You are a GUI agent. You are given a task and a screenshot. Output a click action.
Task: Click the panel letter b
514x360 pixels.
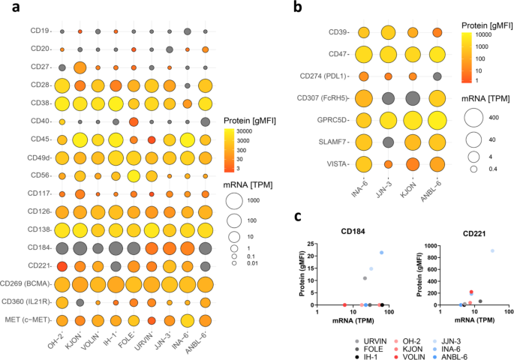298,9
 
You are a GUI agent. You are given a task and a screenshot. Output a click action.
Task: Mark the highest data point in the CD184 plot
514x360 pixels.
382,253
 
